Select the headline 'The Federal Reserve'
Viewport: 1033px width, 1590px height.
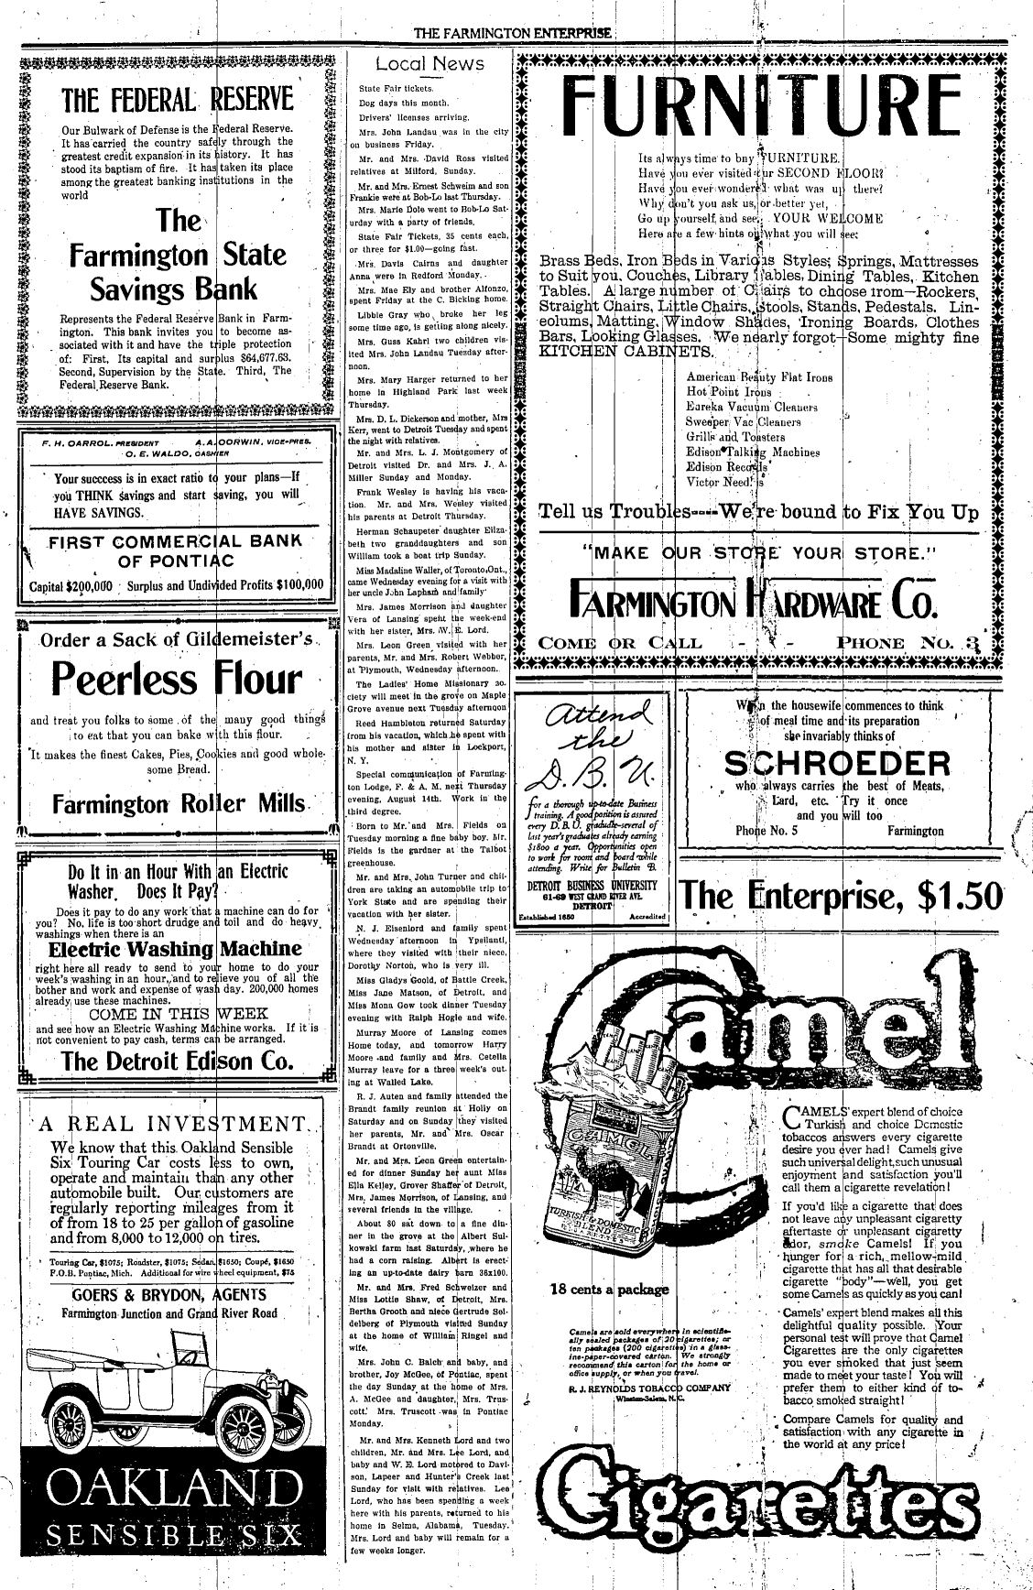coord(178,99)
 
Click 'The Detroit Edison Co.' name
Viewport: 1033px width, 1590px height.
coord(178,1061)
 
